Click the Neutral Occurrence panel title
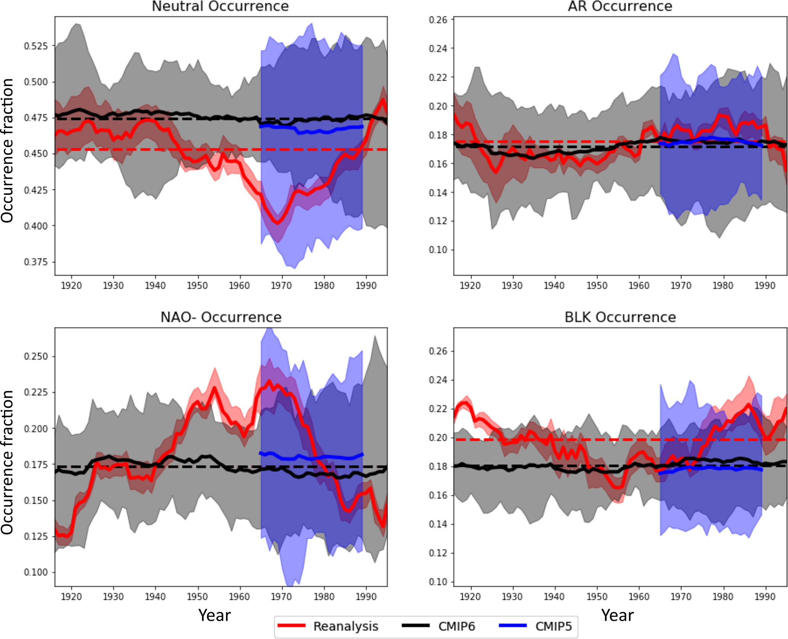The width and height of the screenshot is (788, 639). (x=220, y=6)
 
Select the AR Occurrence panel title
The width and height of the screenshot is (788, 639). (x=620, y=6)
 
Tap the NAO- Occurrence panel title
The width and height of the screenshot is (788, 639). (x=221, y=317)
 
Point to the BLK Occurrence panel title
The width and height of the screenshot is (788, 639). (x=620, y=317)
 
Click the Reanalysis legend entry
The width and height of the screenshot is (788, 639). (x=345, y=626)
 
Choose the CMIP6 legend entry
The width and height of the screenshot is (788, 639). (x=456, y=626)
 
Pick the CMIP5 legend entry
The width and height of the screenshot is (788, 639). (x=554, y=626)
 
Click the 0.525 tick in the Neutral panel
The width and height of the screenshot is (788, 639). (x=36, y=46)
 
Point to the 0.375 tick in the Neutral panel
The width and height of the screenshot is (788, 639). (x=36, y=262)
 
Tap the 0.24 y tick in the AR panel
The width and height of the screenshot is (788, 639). (x=438, y=49)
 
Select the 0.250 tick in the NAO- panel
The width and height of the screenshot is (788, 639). (x=36, y=357)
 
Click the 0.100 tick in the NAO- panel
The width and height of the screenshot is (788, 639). (x=36, y=572)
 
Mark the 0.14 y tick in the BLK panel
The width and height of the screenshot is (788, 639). (x=438, y=524)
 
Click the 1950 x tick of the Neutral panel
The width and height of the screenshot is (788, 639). (x=197, y=286)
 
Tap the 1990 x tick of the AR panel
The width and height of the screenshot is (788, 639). (x=765, y=286)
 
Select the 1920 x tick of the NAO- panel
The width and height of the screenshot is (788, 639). (x=72, y=596)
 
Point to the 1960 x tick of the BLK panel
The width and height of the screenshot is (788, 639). (x=639, y=596)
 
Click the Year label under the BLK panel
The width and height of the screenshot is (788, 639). (x=617, y=615)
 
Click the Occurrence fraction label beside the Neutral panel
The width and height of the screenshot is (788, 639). (x=8, y=151)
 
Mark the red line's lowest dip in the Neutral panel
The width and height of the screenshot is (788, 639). (x=278, y=223)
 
